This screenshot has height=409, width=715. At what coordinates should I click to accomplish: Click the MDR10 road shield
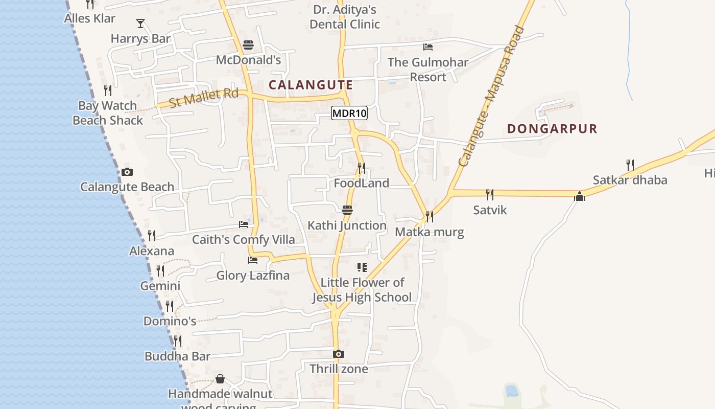pyautogui.click(x=349, y=113)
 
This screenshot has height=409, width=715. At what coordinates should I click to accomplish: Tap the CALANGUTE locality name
pyautogui.click(x=311, y=85)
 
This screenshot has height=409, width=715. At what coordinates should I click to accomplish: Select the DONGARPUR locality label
pyautogui.click(x=552, y=128)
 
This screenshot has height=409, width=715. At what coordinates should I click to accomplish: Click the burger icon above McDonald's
pyautogui.click(x=248, y=46)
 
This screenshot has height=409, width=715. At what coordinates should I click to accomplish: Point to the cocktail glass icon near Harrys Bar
pyautogui.click(x=140, y=24)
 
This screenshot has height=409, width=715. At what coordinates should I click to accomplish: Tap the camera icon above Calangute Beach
pyautogui.click(x=127, y=172)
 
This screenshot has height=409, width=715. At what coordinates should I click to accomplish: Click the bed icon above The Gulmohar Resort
pyautogui.click(x=428, y=48)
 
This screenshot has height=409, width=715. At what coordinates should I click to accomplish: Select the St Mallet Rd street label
pyautogui.click(x=204, y=97)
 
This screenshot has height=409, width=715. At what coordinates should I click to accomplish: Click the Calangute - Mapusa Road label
pyautogui.click(x=491, y=96)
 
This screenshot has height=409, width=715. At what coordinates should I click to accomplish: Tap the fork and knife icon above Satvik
pyautogui.click(x=489, y=194)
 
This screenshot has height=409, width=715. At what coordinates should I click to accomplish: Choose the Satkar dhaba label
pyautogui.click(x=630, y=180)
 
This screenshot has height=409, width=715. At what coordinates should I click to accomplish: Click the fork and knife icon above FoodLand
pyautogui.click(x=362, y=168)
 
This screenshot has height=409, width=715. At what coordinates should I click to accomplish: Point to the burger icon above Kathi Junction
pyautogui.click(x=347, y=210)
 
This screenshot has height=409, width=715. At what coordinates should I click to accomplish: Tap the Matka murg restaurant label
pyautogui.click(x=430, y=232)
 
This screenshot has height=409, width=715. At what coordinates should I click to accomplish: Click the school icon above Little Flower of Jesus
pyautogui.click(x=362, y=267)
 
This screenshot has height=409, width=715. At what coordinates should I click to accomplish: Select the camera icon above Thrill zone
pyautogui.click(x=338, y=354)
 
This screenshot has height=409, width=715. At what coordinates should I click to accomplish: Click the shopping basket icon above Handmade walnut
pyautogui.click(x=220, y=379)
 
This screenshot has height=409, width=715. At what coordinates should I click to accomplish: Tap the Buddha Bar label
pyautogui.click(x=177, y=356)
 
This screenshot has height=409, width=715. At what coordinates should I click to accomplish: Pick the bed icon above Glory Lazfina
pyautogui.click(x=252, y=260)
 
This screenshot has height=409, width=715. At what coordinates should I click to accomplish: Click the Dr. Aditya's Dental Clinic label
pyautogui.click(x=345, y=17)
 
